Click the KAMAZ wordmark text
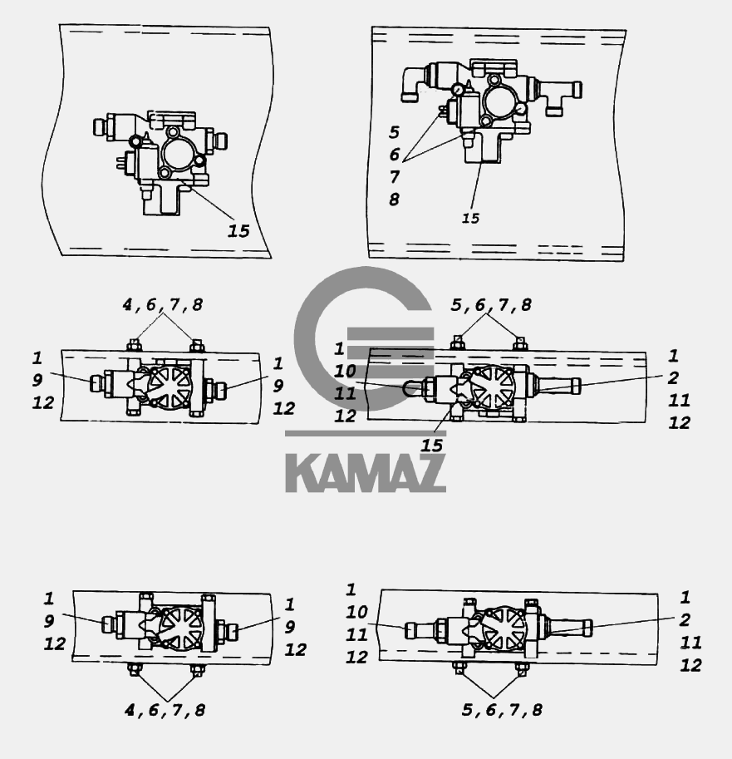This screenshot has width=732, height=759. pos(366,473)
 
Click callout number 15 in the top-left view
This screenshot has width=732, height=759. pos(238,231)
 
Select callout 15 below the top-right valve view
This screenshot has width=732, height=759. pos(470,219)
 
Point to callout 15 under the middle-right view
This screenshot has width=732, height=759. pos(431,446)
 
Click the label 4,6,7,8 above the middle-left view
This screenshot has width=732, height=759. pos(163,304)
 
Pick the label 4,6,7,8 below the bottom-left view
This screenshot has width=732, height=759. pos(165,710)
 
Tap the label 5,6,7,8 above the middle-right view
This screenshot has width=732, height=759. pos(491,304)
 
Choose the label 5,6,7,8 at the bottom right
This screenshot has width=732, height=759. pos(502,710)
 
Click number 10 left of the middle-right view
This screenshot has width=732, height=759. pos(345,372)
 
